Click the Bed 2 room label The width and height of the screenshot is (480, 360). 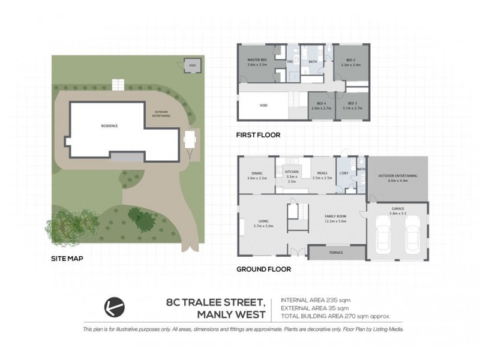[350, 63]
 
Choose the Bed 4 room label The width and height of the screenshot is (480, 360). [322, 104]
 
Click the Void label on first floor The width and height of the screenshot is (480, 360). [263, 105]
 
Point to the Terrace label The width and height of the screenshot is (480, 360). [336, 253]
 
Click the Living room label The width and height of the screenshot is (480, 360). [263, 223]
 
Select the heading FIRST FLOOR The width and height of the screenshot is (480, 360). [259, 135]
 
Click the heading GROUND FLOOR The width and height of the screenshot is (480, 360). [264, 269]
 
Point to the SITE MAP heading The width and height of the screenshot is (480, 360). [67, 259]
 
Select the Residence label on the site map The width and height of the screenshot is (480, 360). [109, 125]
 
